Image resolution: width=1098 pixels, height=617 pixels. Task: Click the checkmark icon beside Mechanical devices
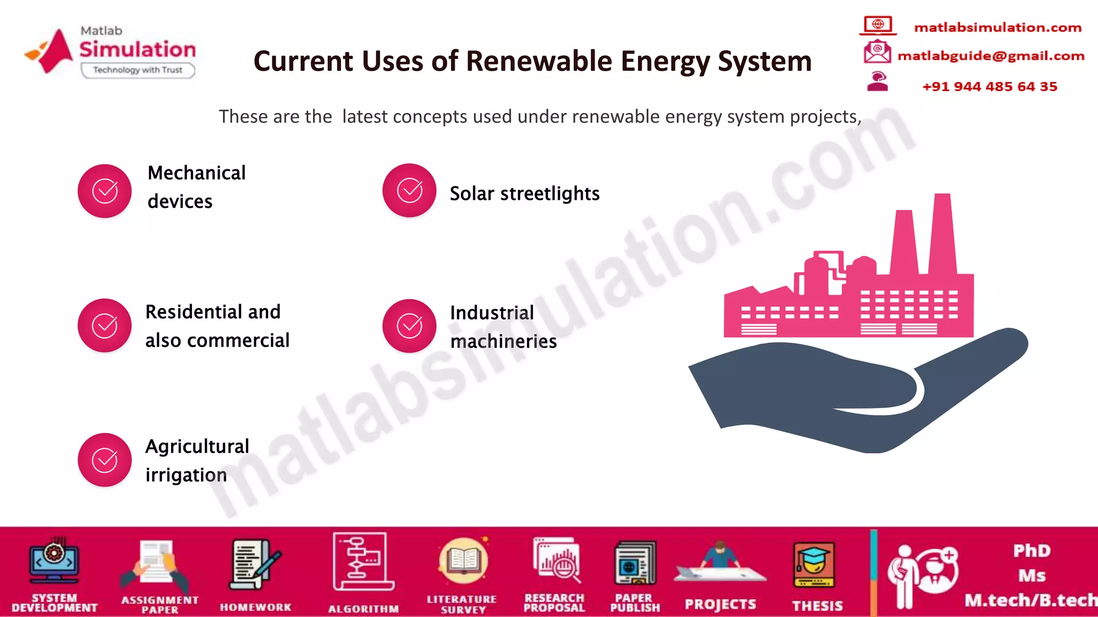pos(105,191)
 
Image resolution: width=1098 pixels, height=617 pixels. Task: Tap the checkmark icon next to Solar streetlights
pos(409,190)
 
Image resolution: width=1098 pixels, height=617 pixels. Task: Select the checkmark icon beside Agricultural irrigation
pos(105,460)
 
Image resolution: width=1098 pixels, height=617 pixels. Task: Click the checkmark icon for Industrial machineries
pos(409,326)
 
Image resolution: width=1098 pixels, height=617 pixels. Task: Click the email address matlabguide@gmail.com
pos(991,56)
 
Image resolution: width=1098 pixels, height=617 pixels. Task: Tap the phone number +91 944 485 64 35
pos(990,86)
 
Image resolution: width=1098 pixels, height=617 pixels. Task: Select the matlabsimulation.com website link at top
pos(998,27)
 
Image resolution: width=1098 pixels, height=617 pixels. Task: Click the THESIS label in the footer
pos(817,606)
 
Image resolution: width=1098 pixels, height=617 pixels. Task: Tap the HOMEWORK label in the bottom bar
pos(255,607)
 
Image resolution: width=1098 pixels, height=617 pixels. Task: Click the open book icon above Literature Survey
pos(463,561)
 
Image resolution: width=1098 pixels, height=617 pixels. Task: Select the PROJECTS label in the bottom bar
pos(720,605)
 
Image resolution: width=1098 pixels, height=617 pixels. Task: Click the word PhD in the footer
pos(1032,551)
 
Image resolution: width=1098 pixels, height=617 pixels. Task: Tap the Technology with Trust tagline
pos(138,70)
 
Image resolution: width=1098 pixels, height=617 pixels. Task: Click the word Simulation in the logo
pos(138,49)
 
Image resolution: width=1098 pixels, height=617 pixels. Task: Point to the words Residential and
pos(213,312)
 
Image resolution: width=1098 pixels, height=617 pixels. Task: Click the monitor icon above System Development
pos(54,562)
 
